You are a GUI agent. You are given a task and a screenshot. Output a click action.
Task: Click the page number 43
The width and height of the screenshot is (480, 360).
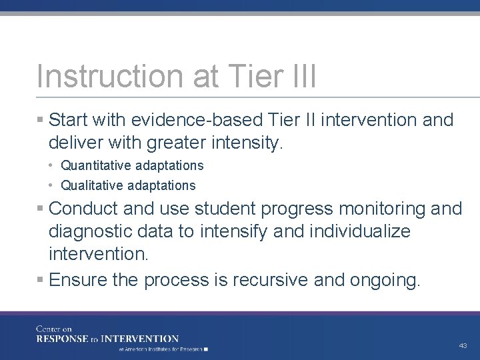tap(463, 346)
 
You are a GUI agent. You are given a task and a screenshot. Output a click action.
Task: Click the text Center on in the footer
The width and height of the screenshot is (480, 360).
tap(53, 329)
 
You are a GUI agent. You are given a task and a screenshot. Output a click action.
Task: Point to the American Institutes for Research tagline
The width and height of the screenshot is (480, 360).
tap(163, 349)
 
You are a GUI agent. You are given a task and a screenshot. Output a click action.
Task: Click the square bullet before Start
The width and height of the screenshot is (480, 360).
tap(41, 121)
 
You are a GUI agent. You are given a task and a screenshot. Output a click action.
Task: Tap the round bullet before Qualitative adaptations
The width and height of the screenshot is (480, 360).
tap(53, 185)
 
